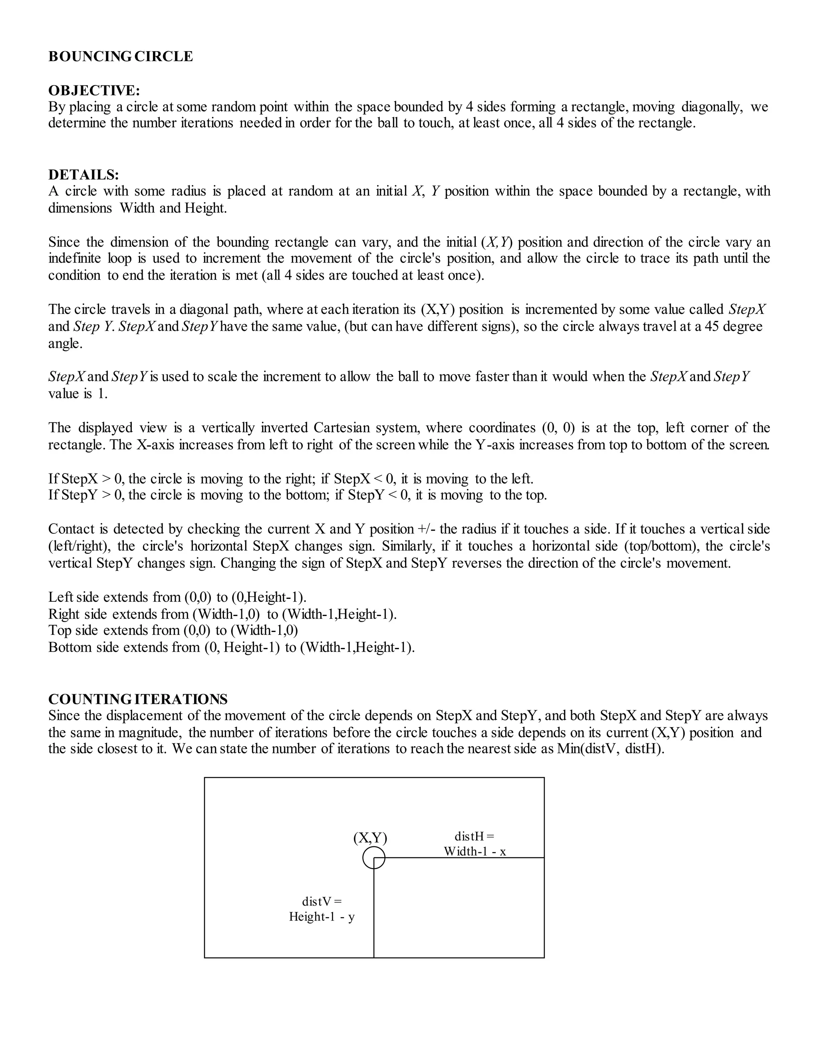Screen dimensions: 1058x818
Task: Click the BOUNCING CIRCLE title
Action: (120, 57)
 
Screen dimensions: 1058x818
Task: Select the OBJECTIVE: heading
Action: (94, 91)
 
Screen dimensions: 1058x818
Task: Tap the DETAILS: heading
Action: (83, 174)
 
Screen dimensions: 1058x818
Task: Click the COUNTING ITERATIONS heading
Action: (138, 699)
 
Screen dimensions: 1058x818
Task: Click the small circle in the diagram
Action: (373, 858)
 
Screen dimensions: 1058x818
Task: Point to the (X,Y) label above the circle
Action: (370, 838)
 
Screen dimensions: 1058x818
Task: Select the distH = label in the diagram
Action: (474, 836)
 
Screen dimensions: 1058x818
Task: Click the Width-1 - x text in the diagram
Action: (475, 852)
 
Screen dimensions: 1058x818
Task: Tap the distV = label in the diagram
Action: (322, 901)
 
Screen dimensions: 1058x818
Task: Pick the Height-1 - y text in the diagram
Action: (322, 917)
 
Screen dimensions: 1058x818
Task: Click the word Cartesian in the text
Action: (341, 428)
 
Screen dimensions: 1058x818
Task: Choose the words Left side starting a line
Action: (73, 597)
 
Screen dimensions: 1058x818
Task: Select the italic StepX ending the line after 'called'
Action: (747, 309)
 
